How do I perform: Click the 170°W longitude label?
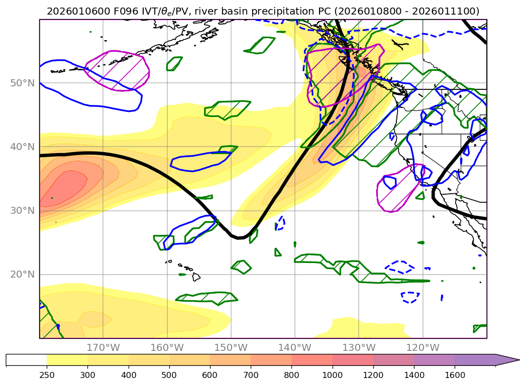[103, 347]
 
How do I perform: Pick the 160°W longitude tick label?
[167, 347]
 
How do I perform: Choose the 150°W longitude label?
[231, 347]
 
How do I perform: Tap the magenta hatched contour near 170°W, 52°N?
[117, 70]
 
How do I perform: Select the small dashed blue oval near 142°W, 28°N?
[280, 223]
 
